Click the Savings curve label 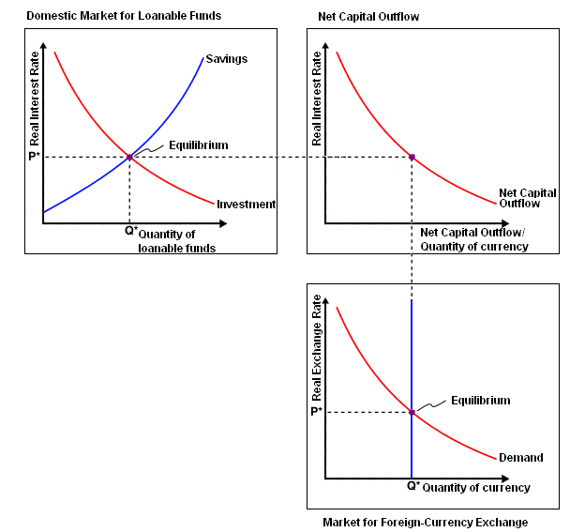pos(227,59)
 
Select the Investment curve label pos(247,205)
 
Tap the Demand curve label pos(521,457)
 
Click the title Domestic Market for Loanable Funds pos(124,16)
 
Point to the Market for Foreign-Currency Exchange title pos(426,523)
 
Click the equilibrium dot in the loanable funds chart pos(129,158)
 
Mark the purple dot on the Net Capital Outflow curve pos(412,158)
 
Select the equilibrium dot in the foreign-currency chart pos(412,412)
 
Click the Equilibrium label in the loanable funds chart pos(199,145)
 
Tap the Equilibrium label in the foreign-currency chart pos(481,401)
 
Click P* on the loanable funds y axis pos(34,157)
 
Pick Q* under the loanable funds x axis pos(131,230)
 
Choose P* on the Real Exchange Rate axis pos(316,411)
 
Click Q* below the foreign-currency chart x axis pos(413,485)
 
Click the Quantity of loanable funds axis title pos(176,241)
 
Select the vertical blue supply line pos(412,388)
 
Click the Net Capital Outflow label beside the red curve pos(527,198)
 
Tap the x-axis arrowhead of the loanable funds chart pos(223,223)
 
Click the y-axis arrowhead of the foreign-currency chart pos(325,301)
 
